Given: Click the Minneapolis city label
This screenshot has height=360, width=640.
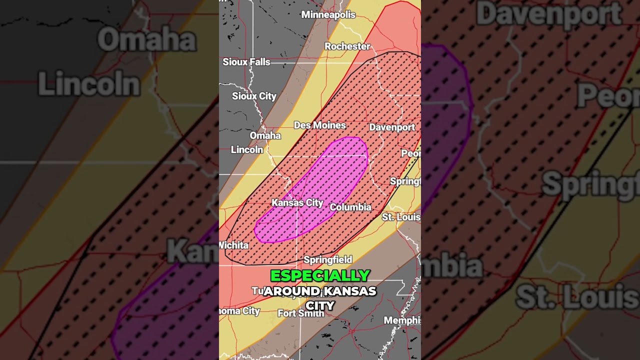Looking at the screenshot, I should (x=328, y=14).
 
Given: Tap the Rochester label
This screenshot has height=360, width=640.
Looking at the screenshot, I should (x=347, y=46).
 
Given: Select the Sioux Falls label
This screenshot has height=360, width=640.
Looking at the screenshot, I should (x=246, y=62).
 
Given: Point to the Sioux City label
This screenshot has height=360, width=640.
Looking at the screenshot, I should (x=254, y=96).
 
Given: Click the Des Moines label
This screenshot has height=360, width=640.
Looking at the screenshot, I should (x=320, y=125).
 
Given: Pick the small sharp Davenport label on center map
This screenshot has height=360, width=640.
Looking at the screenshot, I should (x=392, y=127).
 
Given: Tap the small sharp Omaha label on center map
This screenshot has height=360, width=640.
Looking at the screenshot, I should (x=265, y=135).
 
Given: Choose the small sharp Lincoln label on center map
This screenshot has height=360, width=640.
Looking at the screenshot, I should (x=247, y=149).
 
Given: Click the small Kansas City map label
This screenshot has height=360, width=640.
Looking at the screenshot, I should (x=297, y=202).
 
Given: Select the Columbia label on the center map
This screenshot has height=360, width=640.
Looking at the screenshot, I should (x=350, y=207).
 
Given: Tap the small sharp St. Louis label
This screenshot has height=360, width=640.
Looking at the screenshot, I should (x=401, y=217).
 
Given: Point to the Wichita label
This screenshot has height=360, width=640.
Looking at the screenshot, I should (x=233, y=245).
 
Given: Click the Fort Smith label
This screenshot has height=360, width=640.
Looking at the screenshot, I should (x=301, y=313).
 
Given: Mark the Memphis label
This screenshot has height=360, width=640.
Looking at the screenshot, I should (x=402, y=320).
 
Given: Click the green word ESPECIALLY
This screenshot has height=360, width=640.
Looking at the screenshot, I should (x=320, y=275).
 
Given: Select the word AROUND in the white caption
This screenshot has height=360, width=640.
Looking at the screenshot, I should (x=292, y=291).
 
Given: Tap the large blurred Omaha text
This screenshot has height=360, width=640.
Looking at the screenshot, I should (x=146, y=40).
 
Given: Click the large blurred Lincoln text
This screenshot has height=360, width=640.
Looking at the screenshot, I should (x=89, y=84).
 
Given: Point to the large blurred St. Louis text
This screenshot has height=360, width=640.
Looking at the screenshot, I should (x=577, y=297).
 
